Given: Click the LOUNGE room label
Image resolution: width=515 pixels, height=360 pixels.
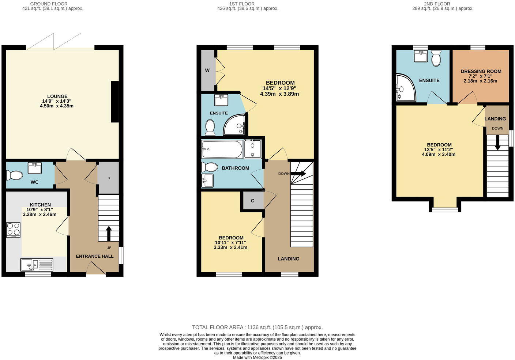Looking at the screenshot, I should coord(57,96).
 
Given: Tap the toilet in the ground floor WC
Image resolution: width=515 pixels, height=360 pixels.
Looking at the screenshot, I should coord(15,175).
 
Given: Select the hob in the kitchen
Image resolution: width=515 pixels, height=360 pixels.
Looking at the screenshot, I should coord(13,230).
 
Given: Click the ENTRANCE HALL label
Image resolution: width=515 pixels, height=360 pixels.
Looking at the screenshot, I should coord(94,256).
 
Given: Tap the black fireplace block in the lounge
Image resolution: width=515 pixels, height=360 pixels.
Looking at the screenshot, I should coord(115,102).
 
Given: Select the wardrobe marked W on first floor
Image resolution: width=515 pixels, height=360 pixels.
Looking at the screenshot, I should coord(207,70).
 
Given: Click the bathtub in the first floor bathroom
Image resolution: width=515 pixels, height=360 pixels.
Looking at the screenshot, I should coord(222,149).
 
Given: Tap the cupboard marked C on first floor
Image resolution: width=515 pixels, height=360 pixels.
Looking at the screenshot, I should coord(252,201).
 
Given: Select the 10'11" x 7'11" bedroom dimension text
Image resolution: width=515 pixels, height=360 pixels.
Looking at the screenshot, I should coord(230,242).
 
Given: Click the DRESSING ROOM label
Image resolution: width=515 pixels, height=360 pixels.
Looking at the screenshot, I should coord(481,71).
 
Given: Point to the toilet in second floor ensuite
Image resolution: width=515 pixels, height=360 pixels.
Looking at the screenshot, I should coord(436,58).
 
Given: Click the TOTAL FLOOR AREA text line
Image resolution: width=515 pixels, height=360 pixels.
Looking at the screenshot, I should coord(257,327).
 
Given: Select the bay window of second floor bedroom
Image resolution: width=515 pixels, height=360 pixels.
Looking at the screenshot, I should coord(445,209).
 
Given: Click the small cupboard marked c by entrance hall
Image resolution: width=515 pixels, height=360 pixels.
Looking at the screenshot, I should coord(109,178).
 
